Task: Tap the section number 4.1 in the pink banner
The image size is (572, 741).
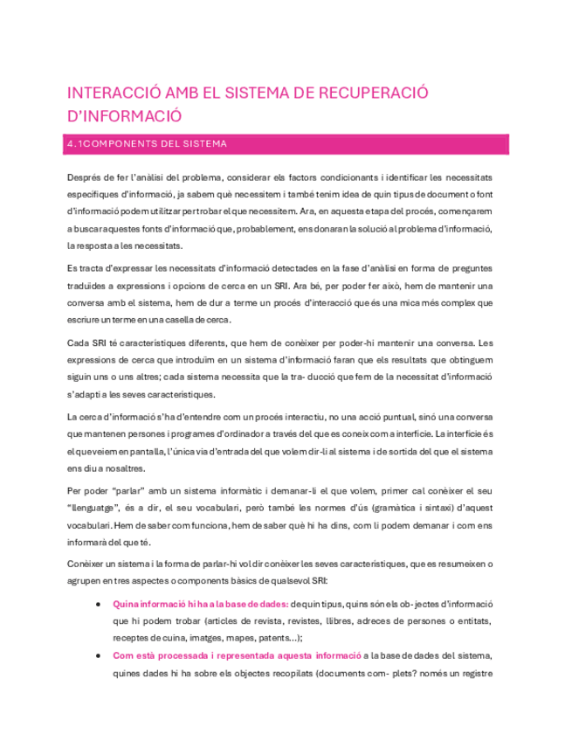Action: coord(78,143)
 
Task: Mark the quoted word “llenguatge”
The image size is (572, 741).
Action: coord(100,510)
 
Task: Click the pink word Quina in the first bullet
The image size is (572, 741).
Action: coord(127,604)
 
